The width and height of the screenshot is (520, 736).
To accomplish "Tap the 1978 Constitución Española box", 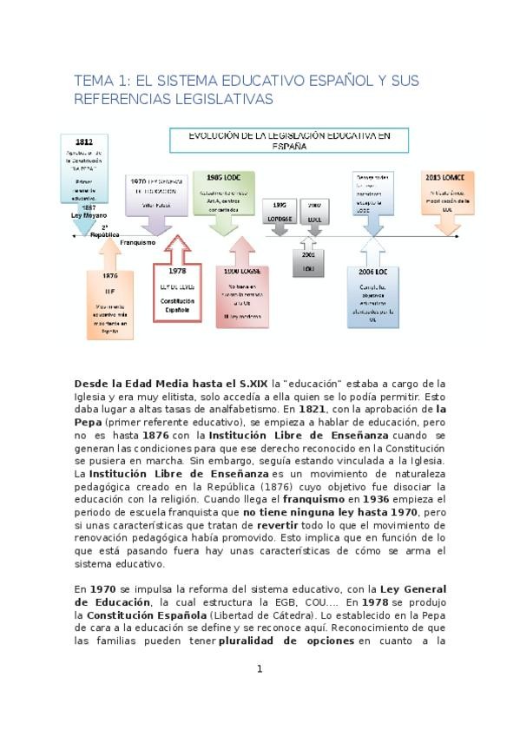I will [177, 293].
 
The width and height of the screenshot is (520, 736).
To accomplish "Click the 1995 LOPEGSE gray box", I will [278, 214].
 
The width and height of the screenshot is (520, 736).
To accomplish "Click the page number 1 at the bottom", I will [259, 668].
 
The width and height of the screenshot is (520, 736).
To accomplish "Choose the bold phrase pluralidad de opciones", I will [286, 641].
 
